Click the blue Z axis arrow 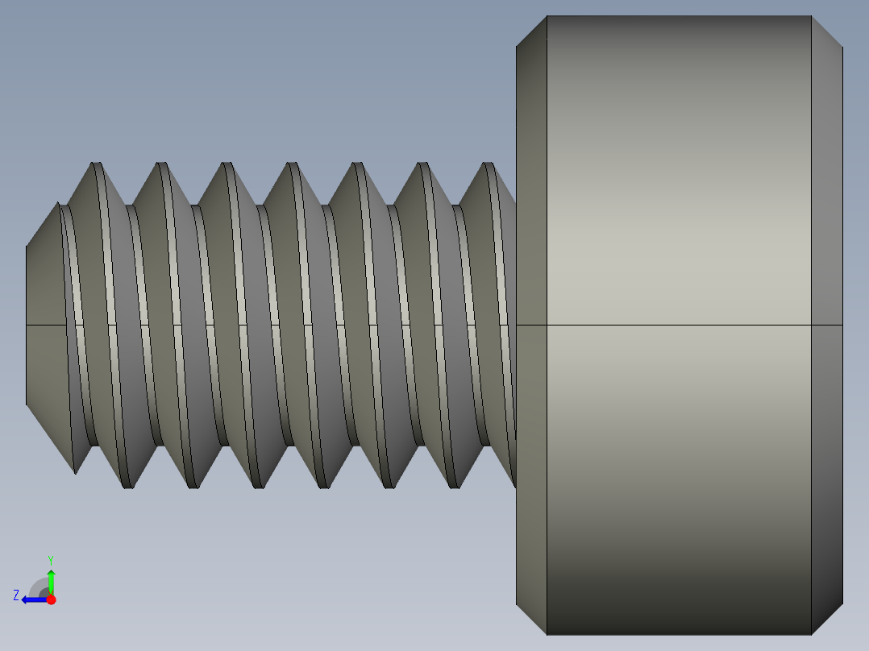tap(32, 599)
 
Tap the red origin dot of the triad tap(52, 599)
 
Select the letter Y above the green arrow tap(51, 559)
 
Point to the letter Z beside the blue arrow tap(16, 595)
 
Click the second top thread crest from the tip tap(162, 165)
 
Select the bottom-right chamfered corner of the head tap(826, 618)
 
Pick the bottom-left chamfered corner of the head tap(531, 618)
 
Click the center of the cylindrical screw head tap(679, 325)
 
